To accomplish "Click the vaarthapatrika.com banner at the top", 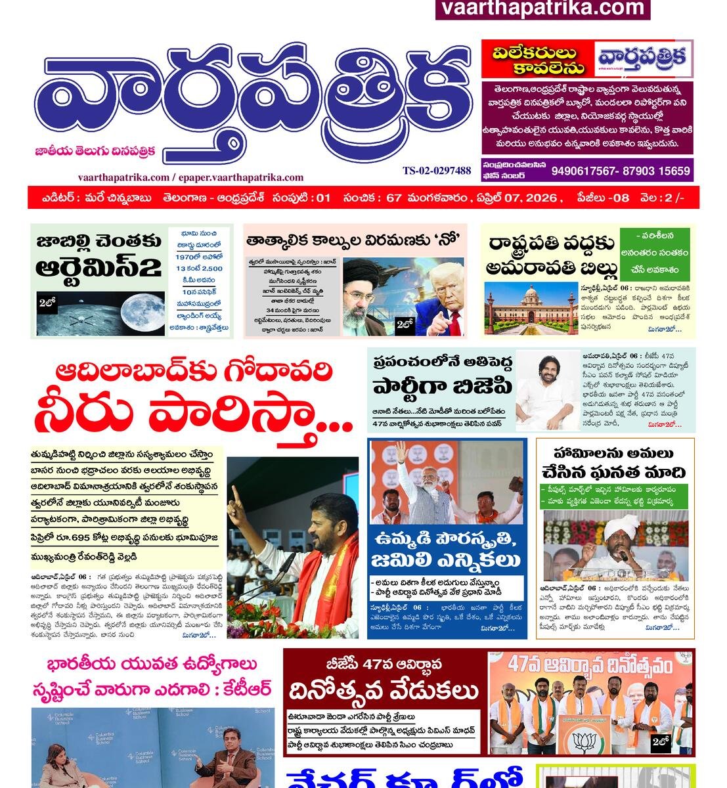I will (542, 9).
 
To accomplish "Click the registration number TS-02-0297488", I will (437, 171).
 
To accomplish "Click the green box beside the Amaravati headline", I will (657, 252).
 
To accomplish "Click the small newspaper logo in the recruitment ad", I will (644, 58).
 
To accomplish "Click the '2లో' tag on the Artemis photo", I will (47, 303).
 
